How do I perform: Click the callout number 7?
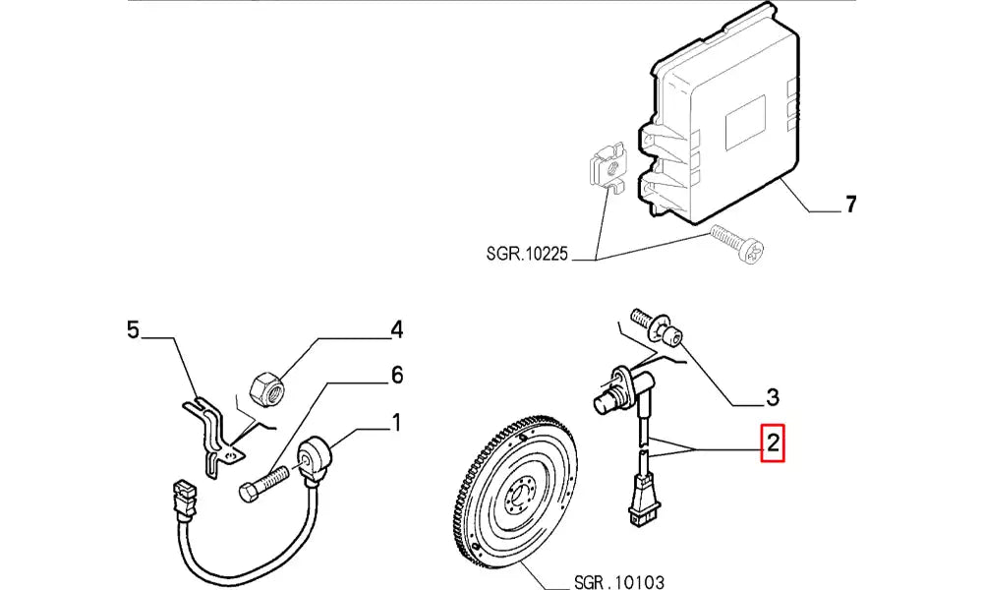point(851,206)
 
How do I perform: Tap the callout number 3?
point(773,397)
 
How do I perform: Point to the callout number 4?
point(396,329)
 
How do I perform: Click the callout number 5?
point(134,329)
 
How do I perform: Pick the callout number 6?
point(396,375)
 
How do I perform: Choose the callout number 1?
point(395,423)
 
